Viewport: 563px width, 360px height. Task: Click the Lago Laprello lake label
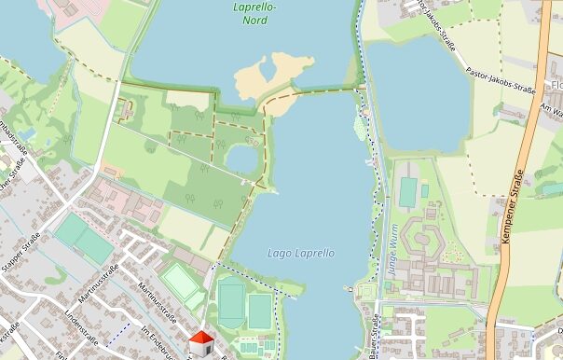tap(300, 253)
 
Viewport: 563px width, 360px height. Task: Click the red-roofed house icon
tap(202, 342)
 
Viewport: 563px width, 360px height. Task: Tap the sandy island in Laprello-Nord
tap(270, 73)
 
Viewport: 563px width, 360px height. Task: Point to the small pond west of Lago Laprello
tap(241, 160)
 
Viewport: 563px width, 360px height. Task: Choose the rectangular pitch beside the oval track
tap(259, 311)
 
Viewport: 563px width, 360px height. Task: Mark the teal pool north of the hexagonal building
tap(408, 191)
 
